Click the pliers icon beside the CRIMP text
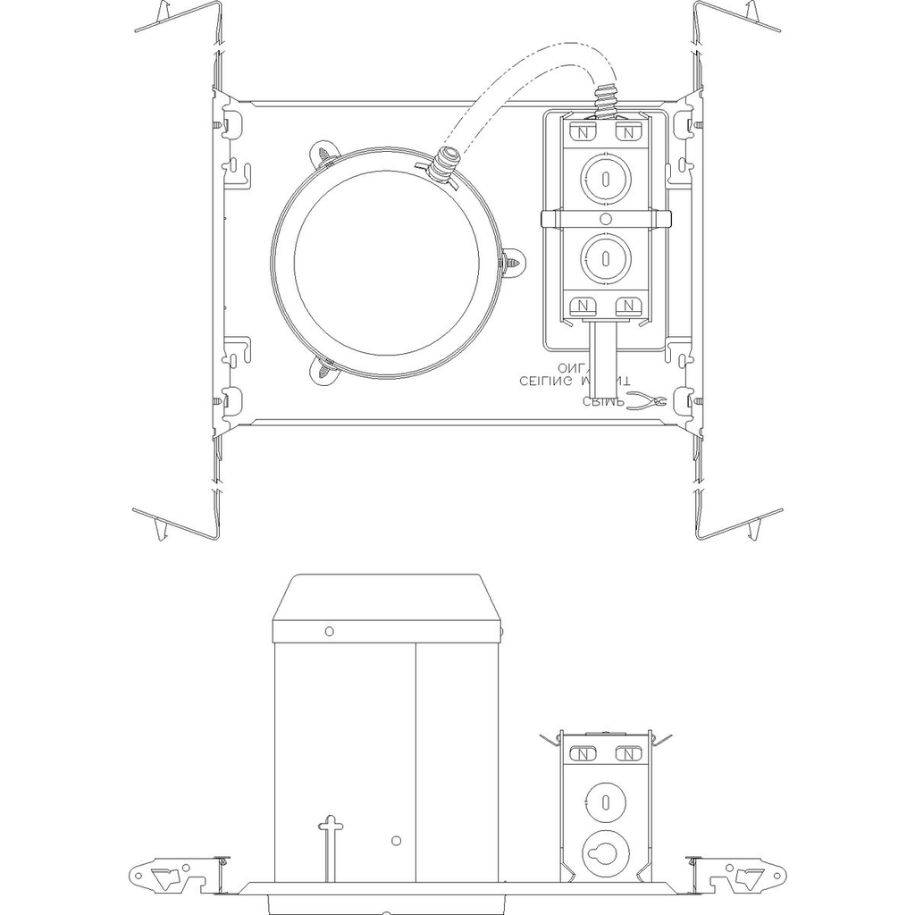647,401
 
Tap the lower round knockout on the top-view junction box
606,258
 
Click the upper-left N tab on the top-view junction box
583,132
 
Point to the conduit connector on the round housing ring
443,166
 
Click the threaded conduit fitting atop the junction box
607,98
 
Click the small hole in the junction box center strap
606,218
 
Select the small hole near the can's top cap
329,631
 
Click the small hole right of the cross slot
396,840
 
